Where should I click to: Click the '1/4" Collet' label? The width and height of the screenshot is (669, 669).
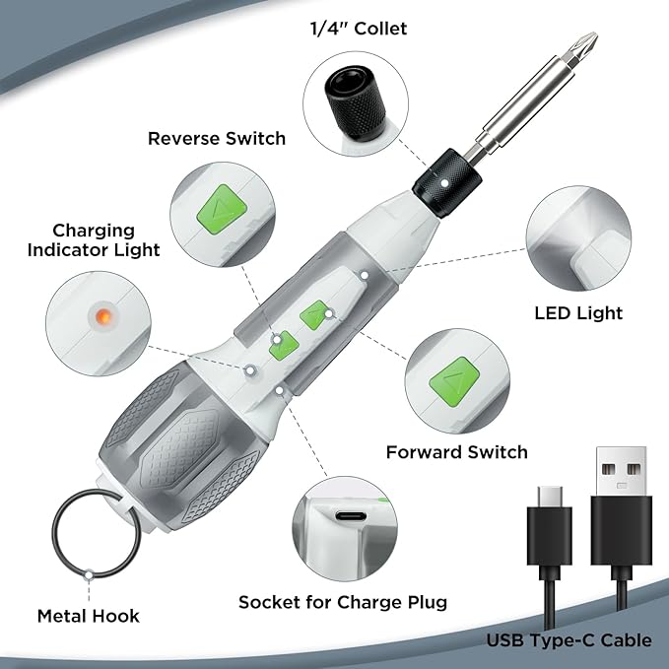click(359, 29)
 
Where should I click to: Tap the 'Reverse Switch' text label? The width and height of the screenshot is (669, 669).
click(217, 138)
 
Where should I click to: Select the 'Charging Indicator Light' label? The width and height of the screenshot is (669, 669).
click(94, 238)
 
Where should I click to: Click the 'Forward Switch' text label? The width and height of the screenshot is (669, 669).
click(456, 452)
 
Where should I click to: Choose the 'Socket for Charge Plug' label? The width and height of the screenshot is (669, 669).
click(343, 602)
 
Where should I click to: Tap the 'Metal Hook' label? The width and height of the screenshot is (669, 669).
click(89, 616)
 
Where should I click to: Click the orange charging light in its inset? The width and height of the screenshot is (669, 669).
click(100, 316)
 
